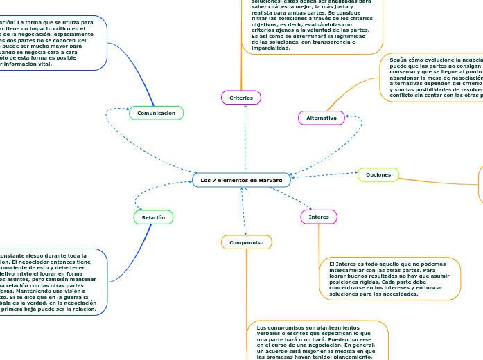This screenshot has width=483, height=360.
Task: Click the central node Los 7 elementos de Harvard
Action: click(x=241, y=180)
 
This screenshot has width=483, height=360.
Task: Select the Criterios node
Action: click(x=241, y=98)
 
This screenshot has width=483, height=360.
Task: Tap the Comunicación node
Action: click(x=157, y=113)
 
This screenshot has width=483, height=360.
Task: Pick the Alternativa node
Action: click(x=321, y=118)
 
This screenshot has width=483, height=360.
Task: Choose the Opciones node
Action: click(x=378, y=174)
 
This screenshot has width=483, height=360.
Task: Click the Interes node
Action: click(x=319, y=217)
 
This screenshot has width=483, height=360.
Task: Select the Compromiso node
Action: click(x=246, y=242)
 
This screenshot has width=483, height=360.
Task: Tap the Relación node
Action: click(x=153, y=217)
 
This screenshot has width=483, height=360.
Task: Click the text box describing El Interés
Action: click(x=390, y=278)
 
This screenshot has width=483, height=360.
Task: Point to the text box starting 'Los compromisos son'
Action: click(x=317, y=339)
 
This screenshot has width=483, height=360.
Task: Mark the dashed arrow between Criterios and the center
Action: click(x=245, y=138)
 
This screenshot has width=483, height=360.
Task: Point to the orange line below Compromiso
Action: click(x=247, y=291)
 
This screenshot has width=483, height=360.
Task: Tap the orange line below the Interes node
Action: click(x=319, y=242)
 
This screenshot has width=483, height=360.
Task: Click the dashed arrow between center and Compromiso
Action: click(x=243, y=211)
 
